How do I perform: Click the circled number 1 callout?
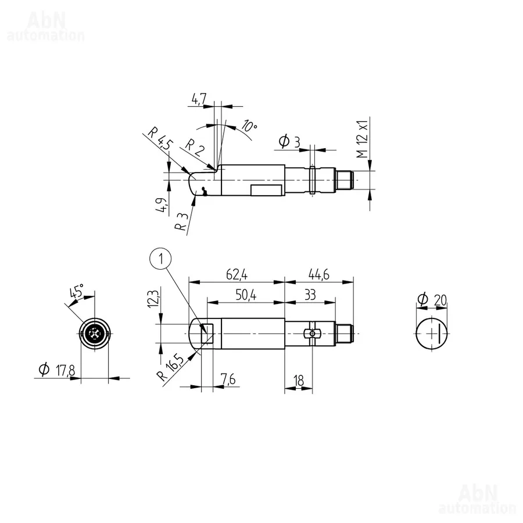click(x=161, y=259)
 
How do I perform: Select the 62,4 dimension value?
click(x=237, y=274)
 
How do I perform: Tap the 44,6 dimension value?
click(x=319, y=274)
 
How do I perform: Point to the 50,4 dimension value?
click(x=246, y=295)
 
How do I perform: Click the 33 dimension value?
click(x=310, y=295)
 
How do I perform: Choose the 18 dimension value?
click(x=299, y=380)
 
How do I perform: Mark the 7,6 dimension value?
click(x=228, y=379)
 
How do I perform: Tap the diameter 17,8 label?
click(x=57, y=370)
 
